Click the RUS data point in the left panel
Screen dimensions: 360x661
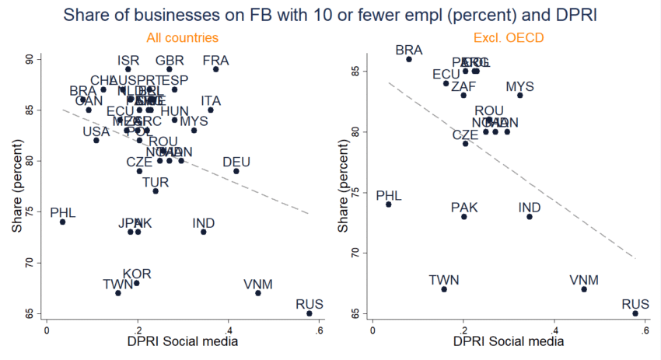pos(310,313)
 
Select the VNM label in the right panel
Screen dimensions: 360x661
pos(583,280)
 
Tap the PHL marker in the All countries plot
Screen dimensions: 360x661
pos(62,222)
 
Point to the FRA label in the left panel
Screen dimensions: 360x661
pos(215,61)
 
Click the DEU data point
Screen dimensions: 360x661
pos(236,171)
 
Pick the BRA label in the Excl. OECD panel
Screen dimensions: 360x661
pos(408,50)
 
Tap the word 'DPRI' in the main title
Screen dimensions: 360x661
pos(446,14)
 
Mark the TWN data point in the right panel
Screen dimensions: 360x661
pos(444,289)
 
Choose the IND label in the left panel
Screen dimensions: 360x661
pos(204,224)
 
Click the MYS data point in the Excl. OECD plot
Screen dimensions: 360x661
pos(520,95)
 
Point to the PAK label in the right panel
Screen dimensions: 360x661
pos(464,207)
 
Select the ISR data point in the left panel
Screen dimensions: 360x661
pos(128,69)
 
